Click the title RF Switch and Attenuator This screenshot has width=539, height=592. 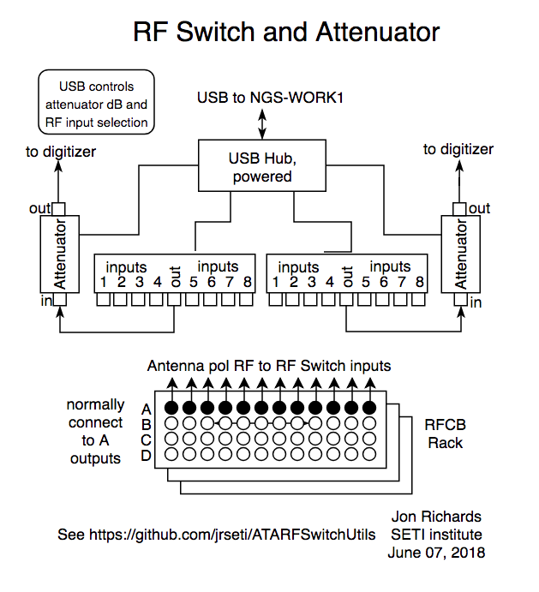click(286, 33)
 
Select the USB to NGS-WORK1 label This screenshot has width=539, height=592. click(270, 98)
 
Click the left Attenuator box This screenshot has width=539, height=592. click(60, 254)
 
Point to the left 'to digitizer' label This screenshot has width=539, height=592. click(60, 152)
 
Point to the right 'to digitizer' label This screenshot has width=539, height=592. click(458, 149)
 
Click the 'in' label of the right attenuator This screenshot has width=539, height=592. click(476, 302)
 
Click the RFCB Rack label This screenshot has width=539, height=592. click(446, 433)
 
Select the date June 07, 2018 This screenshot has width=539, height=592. click(436, 553)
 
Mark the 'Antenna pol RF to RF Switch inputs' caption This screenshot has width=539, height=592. click(269, 366)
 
